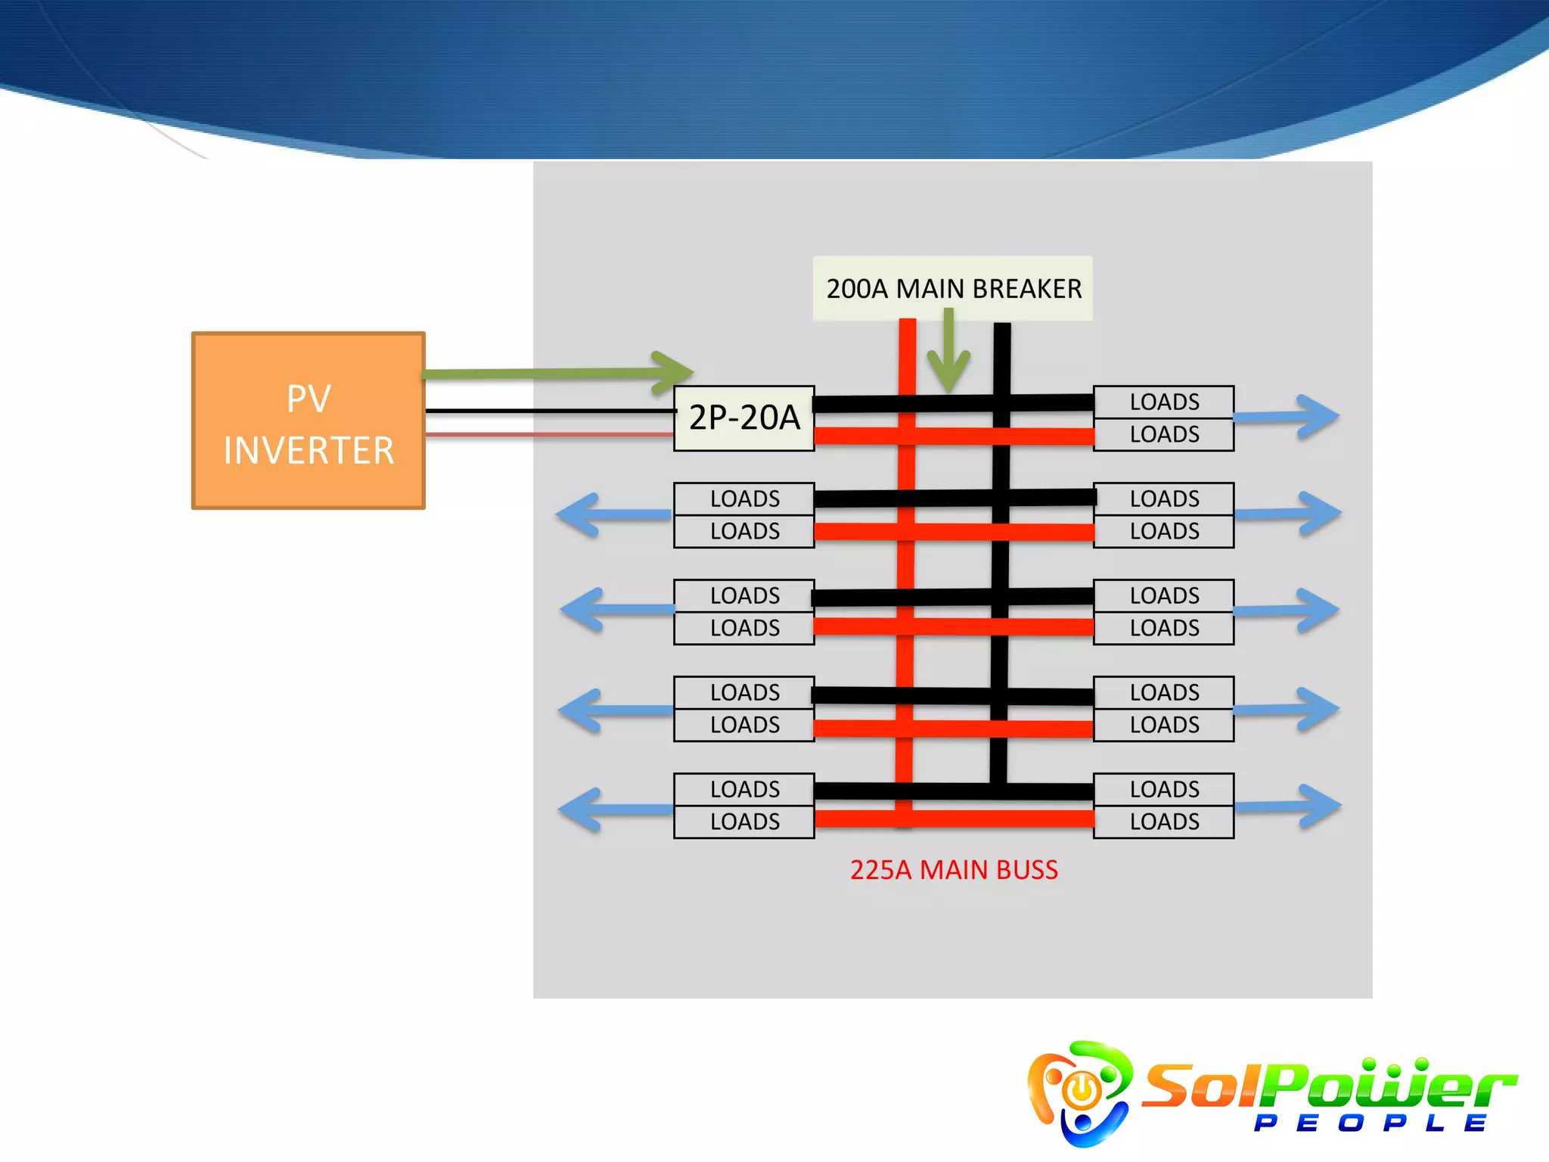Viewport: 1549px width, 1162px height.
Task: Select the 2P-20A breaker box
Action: (743, 418)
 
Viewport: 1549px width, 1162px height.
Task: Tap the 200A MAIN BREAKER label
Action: (952, 288)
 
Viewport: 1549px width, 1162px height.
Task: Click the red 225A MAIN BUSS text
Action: (954, 870)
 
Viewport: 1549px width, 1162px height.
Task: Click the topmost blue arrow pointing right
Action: (1287, 416)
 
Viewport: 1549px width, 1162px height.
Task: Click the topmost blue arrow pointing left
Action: (613, 514)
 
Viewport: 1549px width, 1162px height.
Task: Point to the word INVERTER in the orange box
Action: (309, 451)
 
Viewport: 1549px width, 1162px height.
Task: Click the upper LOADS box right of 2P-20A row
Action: (1163, 402)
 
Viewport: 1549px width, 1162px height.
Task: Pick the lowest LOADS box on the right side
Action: (1163, 822)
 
